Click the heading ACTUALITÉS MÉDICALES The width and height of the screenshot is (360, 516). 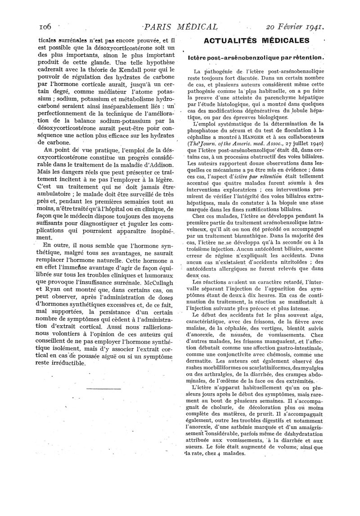coord(256,41)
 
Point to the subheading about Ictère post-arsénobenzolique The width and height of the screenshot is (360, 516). coord(256,57)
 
